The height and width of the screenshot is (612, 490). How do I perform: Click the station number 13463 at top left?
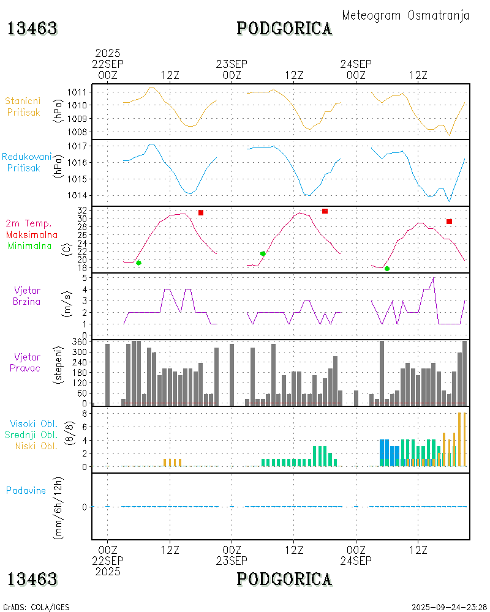tap(32, 28)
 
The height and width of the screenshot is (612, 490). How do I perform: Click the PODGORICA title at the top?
tap(284, 28)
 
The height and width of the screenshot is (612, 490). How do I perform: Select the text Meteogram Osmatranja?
tap(405, 15)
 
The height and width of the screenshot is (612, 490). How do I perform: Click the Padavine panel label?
tap(26, 490)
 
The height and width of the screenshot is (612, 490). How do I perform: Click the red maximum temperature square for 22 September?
tap(200, 212)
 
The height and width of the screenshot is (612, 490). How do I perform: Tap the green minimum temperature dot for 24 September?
tap(386, 269)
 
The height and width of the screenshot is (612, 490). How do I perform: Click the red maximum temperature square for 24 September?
tap(449, 222)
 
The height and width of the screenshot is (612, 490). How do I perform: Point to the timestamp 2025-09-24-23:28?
tap(449, 607)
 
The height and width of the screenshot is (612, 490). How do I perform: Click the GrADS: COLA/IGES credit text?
tap(36, 607)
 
